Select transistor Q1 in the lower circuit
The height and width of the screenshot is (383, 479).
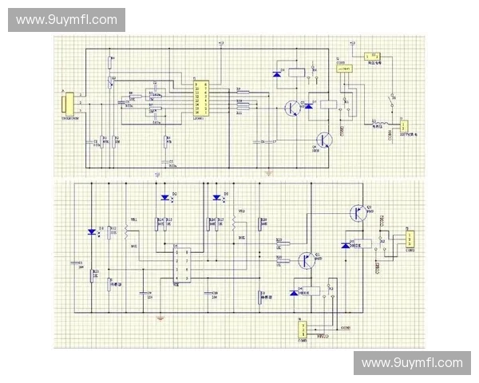tap(305, 259)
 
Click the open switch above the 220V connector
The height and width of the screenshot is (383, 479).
tap(391, 101)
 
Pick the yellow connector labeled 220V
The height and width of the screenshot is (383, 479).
tap(404, 125)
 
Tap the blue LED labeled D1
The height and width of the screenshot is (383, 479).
tap(93, 232)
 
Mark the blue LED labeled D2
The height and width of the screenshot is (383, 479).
tap(166, 197)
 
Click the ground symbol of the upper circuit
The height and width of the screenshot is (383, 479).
tap(270, 172)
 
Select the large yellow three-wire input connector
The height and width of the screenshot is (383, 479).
tap(69, 104)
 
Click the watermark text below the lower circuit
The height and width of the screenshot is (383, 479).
tap(412, 363)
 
